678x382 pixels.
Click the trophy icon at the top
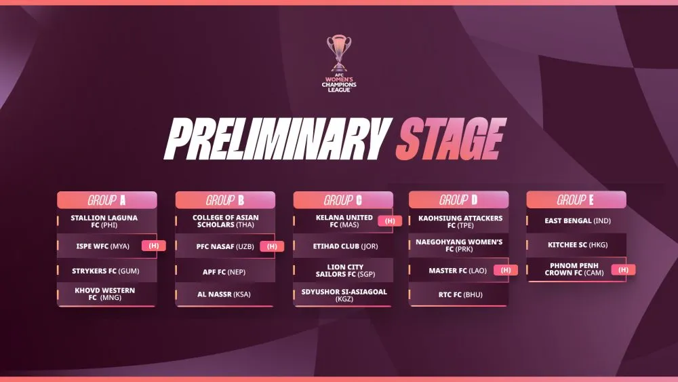[339, 53]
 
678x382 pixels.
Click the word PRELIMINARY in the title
[277, 138]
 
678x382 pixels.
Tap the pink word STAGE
[451, 138]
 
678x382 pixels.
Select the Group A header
[107, 200]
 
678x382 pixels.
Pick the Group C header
[343, 200]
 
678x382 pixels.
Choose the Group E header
[576, 199]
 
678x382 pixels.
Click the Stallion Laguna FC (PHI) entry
[104, 221]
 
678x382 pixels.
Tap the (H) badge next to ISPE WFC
[153, 246]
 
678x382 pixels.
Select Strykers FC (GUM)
[106, 271]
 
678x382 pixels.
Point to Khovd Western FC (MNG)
[104, 294]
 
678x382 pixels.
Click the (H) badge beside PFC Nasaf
[272, 246]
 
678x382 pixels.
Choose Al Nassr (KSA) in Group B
[224, 294]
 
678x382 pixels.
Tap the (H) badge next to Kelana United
[390, 221]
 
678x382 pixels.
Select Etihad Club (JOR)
[346, 246]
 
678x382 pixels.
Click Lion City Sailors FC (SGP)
[345, 270]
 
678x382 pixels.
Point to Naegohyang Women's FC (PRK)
[459, 246]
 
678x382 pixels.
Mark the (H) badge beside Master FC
[506, 270]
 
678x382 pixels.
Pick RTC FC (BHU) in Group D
[460, 294]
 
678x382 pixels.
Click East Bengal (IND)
[578, 221]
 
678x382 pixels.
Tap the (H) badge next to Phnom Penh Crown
[623, 270]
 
